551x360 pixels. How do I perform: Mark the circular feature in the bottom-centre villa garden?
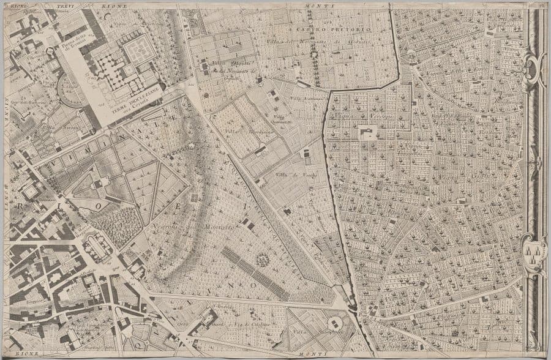[x=334, y=323]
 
